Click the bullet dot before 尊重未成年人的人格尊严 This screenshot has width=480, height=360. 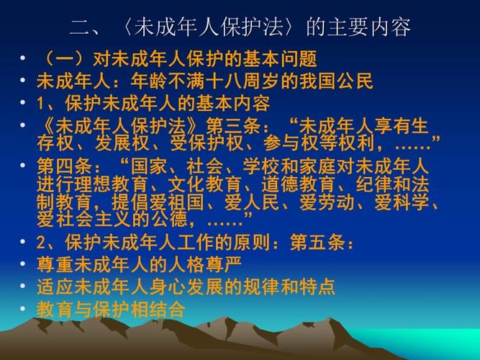click(x=25, y=264)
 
